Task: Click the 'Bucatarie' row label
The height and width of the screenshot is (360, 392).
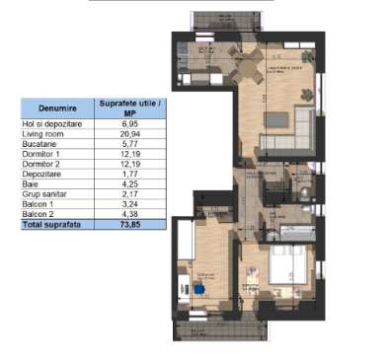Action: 39,144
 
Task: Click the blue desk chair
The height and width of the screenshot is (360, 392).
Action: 198,289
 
